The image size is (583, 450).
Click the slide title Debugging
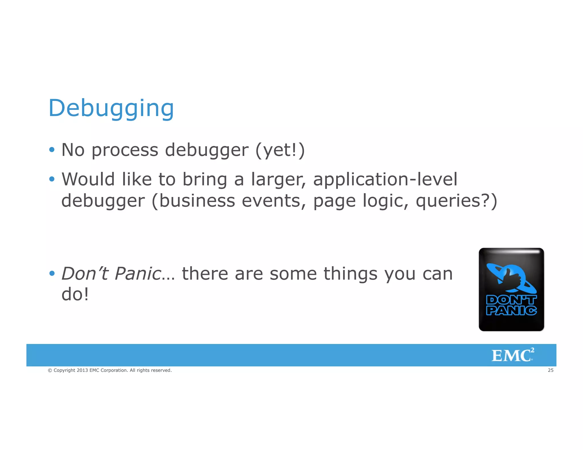[x=111, y=108]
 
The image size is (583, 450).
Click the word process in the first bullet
[x=125, y=150]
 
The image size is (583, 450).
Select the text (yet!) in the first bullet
[x=280, y=150]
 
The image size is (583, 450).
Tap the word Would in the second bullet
[x=88, y=179]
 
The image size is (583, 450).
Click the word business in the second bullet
[x=197, y=201]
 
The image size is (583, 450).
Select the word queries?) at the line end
[x=456, y=201]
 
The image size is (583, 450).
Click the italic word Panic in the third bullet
[x=138, y=274]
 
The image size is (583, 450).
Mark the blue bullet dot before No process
[x=52, y=150]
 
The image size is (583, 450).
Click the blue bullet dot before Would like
[x=52, y=179]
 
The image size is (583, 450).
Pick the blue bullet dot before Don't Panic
[x=52, y=274]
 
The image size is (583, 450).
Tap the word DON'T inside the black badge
[x=511, y=300]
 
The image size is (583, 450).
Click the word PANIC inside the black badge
[x=511, y=311]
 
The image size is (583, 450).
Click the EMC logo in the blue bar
[x=512, y=355]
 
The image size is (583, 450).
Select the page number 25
[x=551, y=370]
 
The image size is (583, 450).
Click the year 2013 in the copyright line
[x=82, y=370]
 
